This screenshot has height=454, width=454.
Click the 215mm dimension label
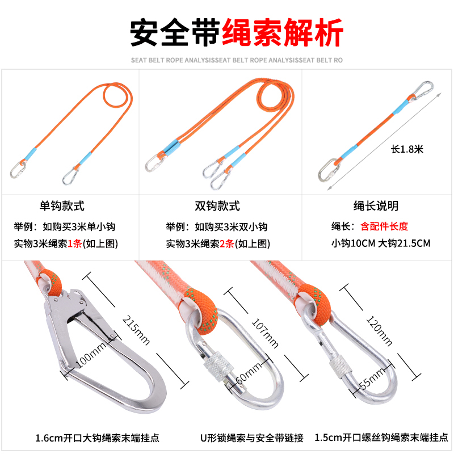[136, 330]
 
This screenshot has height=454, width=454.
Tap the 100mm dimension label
[91, 354]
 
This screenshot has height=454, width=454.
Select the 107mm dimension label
[265, 333]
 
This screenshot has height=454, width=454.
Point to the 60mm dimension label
[249, 373]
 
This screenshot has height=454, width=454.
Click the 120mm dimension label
[379, 331]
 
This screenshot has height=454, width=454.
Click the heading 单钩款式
[62, 206]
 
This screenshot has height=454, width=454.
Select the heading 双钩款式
[217, 206]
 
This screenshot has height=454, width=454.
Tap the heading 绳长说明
[376, 206]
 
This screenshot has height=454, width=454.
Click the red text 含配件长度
[384, 226]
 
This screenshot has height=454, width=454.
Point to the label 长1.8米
[407, 149]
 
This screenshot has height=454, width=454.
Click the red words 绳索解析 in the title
[283, 32]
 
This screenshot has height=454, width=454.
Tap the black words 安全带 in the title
[175, 32]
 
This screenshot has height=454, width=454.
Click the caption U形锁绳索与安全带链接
[252, 438]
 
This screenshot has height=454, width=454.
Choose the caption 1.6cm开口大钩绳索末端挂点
[97, 438]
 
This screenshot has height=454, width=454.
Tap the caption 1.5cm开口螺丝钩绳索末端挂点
[381, 437]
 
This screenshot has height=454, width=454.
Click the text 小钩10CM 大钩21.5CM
[381, 243]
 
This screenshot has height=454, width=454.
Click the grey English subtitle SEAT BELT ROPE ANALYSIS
[237, 60]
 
